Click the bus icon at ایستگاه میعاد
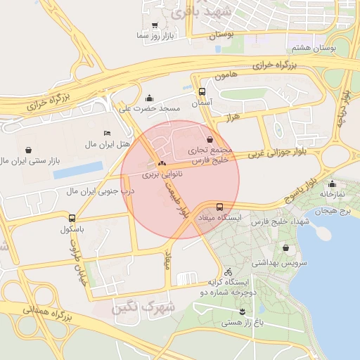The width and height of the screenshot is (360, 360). (220, 207)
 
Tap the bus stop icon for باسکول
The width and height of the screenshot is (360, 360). (72, 218)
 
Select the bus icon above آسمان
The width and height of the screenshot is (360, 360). (202, 91)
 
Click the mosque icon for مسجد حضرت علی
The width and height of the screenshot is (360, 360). (149, 98)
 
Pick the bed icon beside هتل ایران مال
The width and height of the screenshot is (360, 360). (107, 133)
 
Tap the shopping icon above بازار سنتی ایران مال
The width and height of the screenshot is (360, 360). (28, 150)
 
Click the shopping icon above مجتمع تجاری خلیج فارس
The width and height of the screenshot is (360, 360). (212, 139)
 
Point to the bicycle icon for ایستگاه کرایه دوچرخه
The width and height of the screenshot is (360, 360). (227, 271)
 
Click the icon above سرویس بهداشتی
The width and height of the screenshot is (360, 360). (285, 247)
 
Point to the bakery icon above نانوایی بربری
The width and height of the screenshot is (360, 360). (162, 162)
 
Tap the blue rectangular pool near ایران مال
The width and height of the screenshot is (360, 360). (78, 170)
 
